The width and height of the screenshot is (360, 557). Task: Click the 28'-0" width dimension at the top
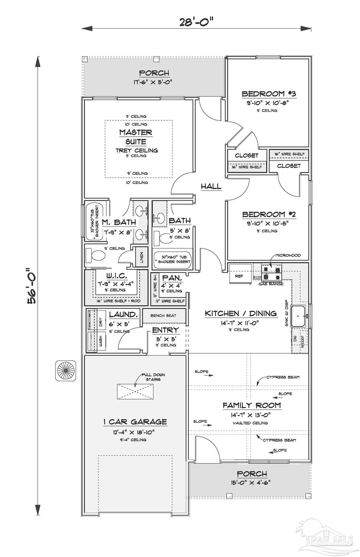click(x=196, y=22)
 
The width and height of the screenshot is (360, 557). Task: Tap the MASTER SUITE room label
click(x=136, y=137)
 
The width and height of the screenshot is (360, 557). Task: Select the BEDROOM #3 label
click(x=269, y=94)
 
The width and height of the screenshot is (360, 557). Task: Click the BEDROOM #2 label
click(x=269, y=215)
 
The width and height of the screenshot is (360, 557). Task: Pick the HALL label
click(x=211, y=186)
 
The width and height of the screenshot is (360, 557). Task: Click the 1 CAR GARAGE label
click(x=135, y=422)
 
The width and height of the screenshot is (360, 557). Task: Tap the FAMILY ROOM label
click(x=252, y=405)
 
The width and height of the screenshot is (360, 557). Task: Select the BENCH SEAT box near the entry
click(x=164, y=315)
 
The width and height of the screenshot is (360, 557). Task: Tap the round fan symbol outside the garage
click(x=66, y=371)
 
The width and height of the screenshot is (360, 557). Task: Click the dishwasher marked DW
click(x=295, y=339)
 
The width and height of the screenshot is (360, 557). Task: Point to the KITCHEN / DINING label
click(x=241, y=313)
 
